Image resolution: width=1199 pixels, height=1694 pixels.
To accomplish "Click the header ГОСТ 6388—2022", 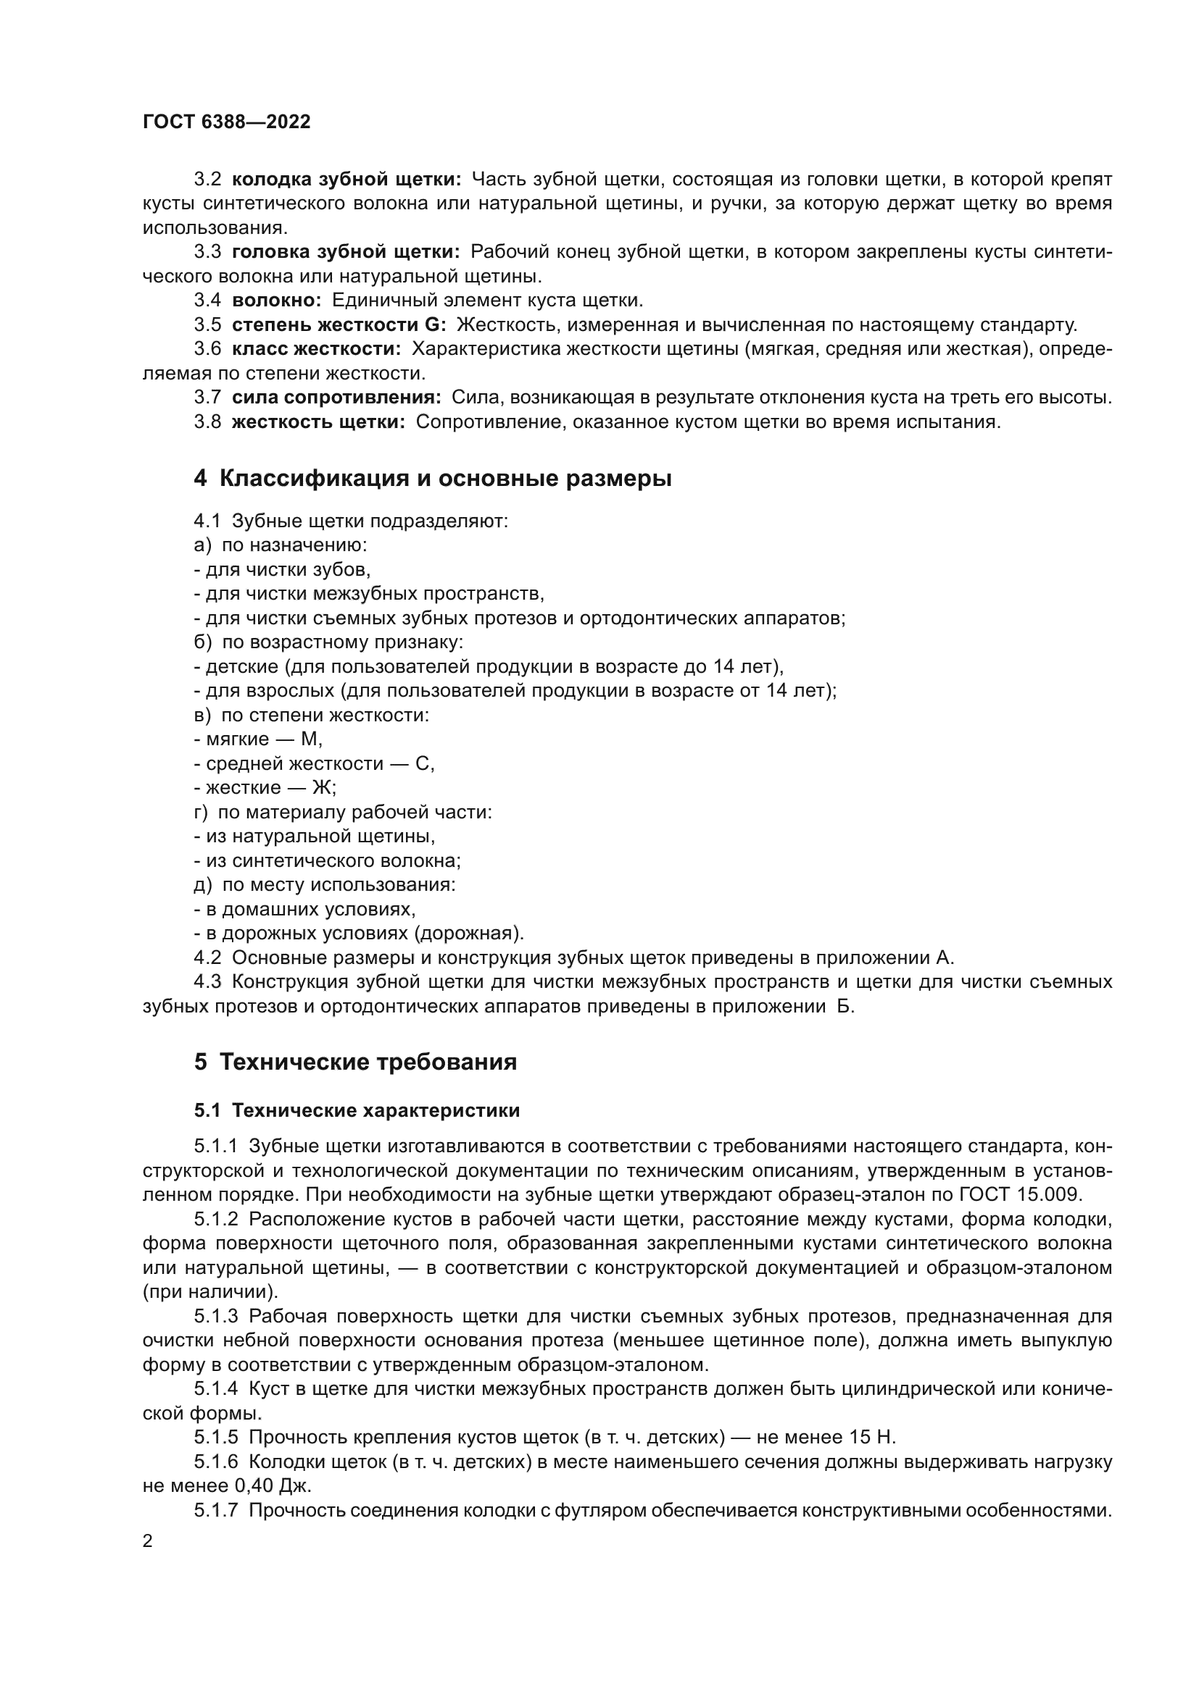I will [x=227, y=122].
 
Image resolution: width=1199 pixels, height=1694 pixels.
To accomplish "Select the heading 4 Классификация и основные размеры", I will [x=433, y=479].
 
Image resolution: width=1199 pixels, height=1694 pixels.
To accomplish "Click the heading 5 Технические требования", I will [x=355, y=1062].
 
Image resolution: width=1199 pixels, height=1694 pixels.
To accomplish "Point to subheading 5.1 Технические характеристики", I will [x=357, y=1110].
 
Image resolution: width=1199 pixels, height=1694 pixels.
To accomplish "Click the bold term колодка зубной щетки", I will [x=347, y=180].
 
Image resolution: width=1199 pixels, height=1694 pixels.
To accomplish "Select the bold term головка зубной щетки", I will [x=346, y=252].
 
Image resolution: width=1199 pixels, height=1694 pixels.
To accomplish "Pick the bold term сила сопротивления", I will [x=336, y=398].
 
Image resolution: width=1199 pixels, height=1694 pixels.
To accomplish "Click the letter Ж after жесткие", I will [x=322, y=787].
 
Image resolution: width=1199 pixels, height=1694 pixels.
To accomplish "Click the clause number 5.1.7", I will [x=215, y=1510].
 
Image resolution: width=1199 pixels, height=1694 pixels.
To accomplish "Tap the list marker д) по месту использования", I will [x=202, y=884].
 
